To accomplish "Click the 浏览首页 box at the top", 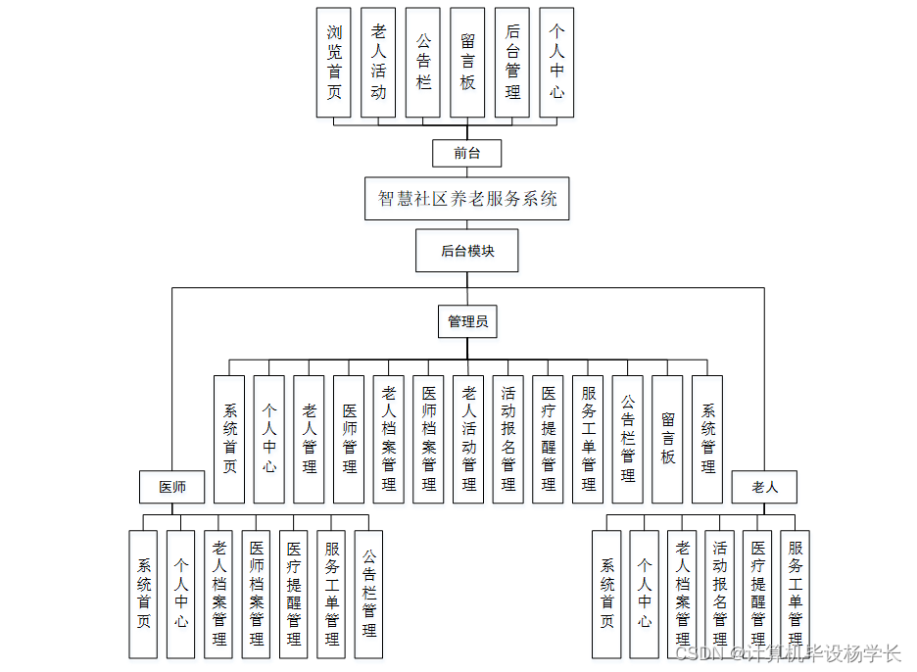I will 334,63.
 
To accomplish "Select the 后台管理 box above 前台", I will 512,63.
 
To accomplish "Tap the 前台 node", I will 467,153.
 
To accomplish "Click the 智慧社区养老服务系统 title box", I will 467,199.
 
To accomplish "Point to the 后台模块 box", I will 467,251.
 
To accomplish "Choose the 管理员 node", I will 467,321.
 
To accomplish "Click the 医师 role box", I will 172,487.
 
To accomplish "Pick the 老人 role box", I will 764,487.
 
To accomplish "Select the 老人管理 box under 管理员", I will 310,439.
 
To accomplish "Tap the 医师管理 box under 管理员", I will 349,439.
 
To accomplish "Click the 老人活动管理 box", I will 468,439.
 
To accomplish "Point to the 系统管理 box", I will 707,439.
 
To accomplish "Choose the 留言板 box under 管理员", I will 667,439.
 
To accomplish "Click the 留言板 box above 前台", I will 467,63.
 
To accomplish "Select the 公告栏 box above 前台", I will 423,63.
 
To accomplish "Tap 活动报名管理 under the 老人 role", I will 720,594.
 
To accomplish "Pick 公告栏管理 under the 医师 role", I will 368,594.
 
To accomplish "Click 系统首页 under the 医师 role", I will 144,594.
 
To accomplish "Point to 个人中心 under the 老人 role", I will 645,594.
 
